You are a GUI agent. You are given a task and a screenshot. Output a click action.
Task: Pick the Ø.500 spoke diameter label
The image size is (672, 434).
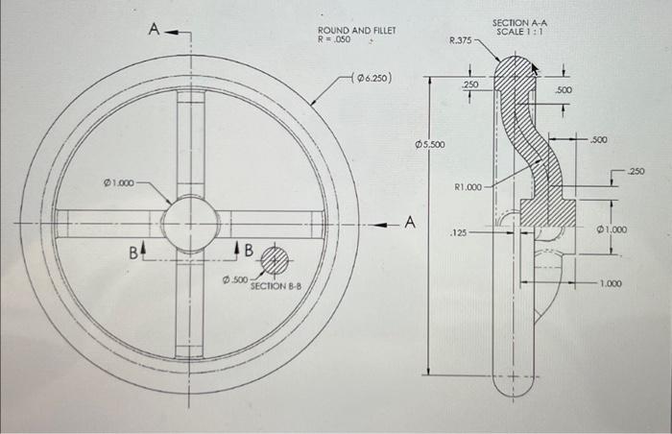point(234,279)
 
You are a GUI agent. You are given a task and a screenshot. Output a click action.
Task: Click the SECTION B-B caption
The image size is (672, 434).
point(276,286)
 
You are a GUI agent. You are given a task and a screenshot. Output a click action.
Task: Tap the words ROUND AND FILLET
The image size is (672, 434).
point(356,31)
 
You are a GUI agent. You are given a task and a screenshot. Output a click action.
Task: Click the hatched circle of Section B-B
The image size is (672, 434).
point(275,258)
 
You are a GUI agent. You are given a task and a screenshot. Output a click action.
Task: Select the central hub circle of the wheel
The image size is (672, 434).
point(190,223)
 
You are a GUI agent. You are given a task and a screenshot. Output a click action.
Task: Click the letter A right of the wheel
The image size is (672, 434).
point(409,224)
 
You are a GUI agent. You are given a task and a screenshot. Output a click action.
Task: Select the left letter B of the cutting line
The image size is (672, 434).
point(135,252)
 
